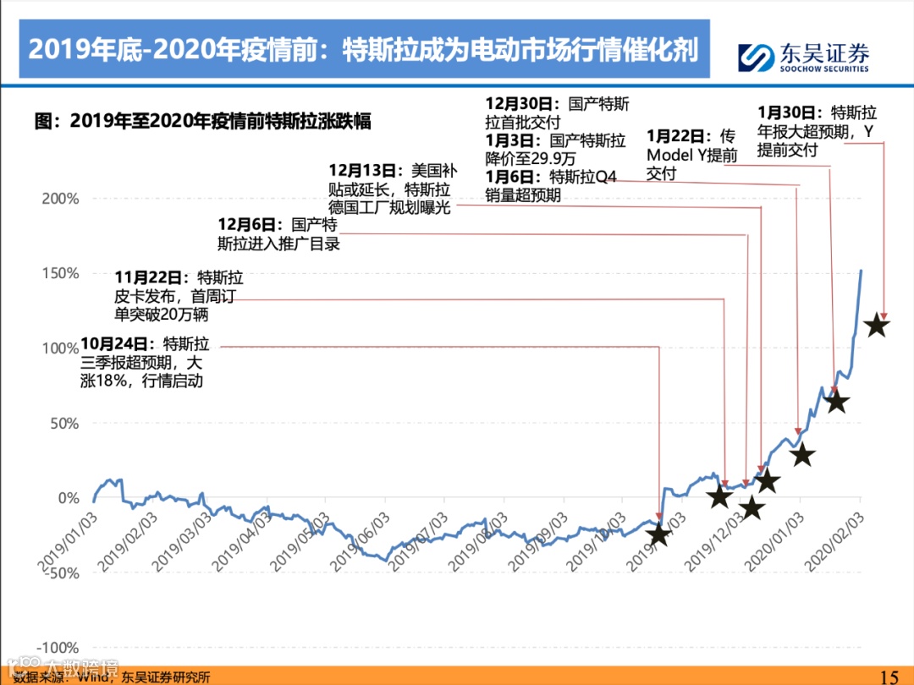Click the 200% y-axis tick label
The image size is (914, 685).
61,199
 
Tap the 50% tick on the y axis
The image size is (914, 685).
63,423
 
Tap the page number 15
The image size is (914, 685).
889,676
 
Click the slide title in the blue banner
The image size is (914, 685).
364,49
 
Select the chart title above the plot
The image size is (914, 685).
202,120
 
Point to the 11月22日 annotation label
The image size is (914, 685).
179,295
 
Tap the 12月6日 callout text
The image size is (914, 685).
278,234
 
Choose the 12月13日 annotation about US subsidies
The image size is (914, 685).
389,188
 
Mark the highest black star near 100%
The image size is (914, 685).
877,325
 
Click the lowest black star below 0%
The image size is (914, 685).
658,534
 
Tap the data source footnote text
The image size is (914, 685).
118,677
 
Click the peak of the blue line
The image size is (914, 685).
861,271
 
